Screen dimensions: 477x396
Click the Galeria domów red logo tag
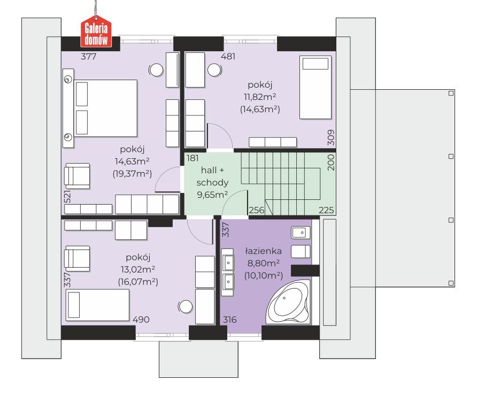coord(96,32)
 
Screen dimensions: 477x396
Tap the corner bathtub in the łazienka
coord(288,302)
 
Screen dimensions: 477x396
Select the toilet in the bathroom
coord(301,251)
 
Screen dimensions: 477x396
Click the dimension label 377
coord(89,56)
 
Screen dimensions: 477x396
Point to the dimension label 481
coord(228,56)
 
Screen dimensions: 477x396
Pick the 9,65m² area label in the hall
coord(212,195)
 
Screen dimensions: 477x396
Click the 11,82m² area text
coord(260,97)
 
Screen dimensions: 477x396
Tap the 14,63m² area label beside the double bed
coord(132,161)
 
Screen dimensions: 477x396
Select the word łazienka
coord(264,251)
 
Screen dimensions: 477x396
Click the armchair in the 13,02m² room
coord(77,259)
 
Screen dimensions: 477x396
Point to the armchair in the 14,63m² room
coord(77,176)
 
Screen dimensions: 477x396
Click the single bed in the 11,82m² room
coord(316,87)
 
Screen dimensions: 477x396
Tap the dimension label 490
coord(141,320)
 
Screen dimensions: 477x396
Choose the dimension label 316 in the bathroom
coord(230,320)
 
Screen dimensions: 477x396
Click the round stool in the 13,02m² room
coord(185,307)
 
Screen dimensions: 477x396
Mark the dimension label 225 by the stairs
coord(326,210)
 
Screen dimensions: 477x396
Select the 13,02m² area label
coord(138,269)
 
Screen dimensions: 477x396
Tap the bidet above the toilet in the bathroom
coord(301,233)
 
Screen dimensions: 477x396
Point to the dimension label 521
coord(67,197)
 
